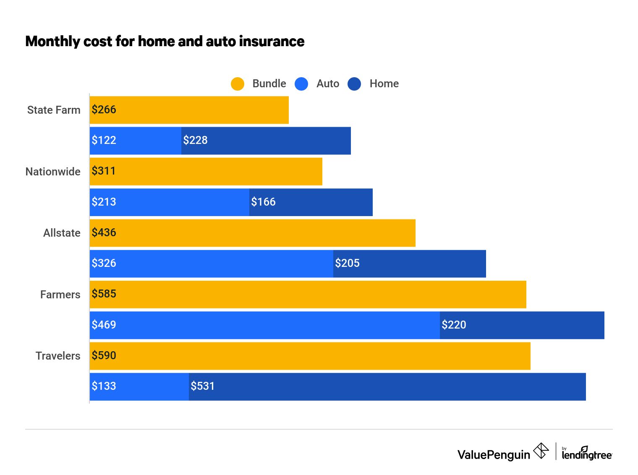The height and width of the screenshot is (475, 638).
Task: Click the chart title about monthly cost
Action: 165,42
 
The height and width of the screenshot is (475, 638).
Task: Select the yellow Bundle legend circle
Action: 238,84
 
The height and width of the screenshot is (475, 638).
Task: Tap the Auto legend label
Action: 327,84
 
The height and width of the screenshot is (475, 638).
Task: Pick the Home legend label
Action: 384,84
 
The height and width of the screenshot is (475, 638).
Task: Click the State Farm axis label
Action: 54,110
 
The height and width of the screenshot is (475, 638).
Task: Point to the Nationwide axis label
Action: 53,172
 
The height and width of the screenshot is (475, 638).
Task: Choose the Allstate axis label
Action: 62,233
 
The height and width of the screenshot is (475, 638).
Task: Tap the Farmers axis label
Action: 60,295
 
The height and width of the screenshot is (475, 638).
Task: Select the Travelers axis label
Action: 58,356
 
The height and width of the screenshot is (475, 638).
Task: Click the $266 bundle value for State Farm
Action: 104,110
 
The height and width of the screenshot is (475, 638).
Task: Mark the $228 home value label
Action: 195,141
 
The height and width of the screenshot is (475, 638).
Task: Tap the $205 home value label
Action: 347,264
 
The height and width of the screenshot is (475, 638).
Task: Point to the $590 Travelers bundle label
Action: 104,356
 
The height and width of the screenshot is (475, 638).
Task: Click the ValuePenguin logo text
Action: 494,455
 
